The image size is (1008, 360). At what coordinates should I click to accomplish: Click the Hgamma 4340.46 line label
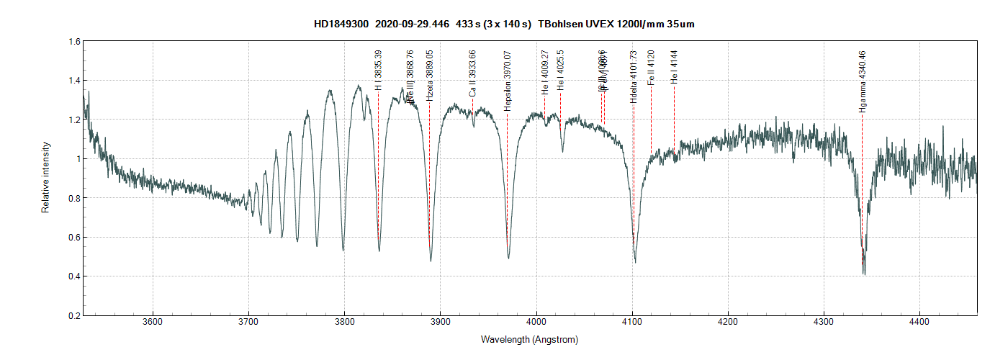pos(863,81)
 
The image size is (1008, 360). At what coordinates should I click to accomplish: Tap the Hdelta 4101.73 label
pos(634,77)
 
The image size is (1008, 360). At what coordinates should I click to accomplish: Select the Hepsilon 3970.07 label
pos(507,81)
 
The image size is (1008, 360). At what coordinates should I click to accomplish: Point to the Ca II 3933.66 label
pos(472,74)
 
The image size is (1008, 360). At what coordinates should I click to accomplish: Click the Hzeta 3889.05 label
pos(430,76)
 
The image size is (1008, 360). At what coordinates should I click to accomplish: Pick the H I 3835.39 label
pos(379,71)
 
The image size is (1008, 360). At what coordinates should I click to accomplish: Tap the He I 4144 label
pos(674,68)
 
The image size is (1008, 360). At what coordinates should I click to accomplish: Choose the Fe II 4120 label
pos(651,68)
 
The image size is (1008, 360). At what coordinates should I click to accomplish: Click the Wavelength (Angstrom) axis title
pos(529,339)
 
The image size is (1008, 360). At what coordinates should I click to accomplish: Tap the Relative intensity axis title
pos(45,177)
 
